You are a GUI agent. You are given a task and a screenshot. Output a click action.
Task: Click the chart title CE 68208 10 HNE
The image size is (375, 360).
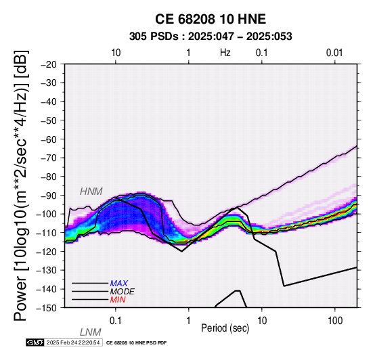point(211,19)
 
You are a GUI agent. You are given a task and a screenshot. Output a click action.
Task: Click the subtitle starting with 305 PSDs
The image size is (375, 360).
point(211,37)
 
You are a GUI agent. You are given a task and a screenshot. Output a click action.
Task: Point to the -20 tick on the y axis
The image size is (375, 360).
point(49,64)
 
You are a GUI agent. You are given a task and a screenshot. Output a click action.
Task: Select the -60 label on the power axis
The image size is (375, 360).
point(49,139)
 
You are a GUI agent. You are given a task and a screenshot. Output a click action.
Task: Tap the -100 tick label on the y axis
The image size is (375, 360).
point(47,214)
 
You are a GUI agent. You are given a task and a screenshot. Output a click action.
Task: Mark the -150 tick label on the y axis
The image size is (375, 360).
point(47,308)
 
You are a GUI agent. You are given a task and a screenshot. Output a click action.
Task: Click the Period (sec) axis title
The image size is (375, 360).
point(225,328)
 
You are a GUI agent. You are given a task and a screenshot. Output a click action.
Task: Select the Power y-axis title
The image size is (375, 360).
point(21,185)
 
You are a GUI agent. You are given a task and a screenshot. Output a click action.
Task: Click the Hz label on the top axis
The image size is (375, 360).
point(225,53)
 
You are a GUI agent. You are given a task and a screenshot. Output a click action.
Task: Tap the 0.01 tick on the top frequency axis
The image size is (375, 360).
point(334,53)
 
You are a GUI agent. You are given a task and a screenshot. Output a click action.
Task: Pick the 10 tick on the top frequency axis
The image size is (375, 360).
point(116,53)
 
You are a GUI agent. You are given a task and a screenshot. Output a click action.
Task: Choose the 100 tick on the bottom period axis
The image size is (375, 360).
point(335,321)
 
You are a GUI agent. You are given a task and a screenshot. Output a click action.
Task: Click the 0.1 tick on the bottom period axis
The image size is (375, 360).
point(116,321)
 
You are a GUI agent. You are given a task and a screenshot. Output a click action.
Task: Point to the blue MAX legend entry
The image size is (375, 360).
point(119,284)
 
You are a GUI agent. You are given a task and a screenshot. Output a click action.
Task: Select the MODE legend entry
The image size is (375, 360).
point(123,292)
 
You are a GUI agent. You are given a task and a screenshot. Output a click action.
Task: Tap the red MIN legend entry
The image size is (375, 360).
point(118,300)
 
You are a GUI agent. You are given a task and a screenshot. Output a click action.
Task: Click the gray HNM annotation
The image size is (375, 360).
point(91,192)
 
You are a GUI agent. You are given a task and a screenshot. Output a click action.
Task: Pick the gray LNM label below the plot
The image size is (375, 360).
point(91,332)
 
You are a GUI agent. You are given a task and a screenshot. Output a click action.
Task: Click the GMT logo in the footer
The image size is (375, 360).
point(35,342)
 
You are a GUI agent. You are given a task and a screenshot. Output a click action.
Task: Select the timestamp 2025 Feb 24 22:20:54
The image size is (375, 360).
point(73,342)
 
